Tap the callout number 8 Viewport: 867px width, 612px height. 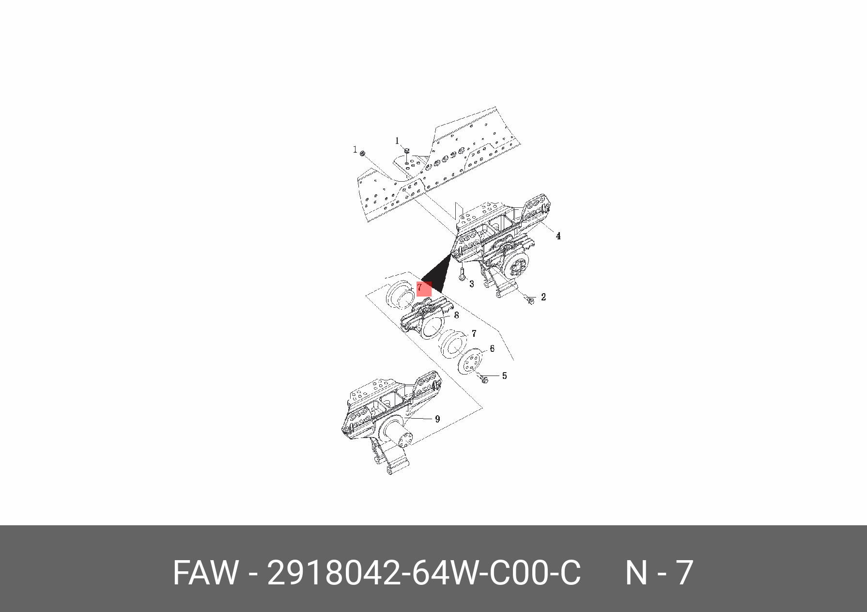pos(456,315)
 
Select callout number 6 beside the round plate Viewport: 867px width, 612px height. pos(492,349)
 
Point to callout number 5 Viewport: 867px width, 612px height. pos(504,376)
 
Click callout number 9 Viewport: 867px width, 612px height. pos(437,419)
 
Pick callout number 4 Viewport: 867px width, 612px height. pos(558,236)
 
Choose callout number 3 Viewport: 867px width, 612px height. pos(471,284)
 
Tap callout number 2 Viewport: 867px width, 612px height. pos(543,297)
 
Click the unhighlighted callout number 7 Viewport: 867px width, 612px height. pos(474,334)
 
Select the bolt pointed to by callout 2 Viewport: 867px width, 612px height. pos(529,300)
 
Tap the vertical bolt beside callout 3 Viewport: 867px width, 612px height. pos(462,274)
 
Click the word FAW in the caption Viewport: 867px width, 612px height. pos(205,573)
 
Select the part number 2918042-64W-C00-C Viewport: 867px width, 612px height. pos(424,573)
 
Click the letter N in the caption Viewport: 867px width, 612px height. pos(636,573)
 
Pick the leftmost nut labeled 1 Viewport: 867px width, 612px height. pos(362,154)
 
